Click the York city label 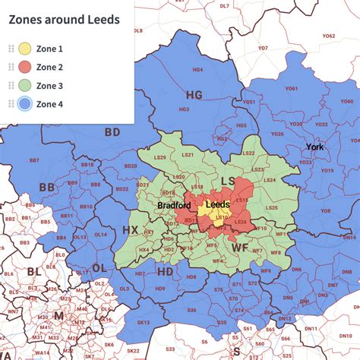[314, 146]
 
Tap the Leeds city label [218, 205]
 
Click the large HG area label [194, 95]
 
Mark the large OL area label [99, 268]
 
